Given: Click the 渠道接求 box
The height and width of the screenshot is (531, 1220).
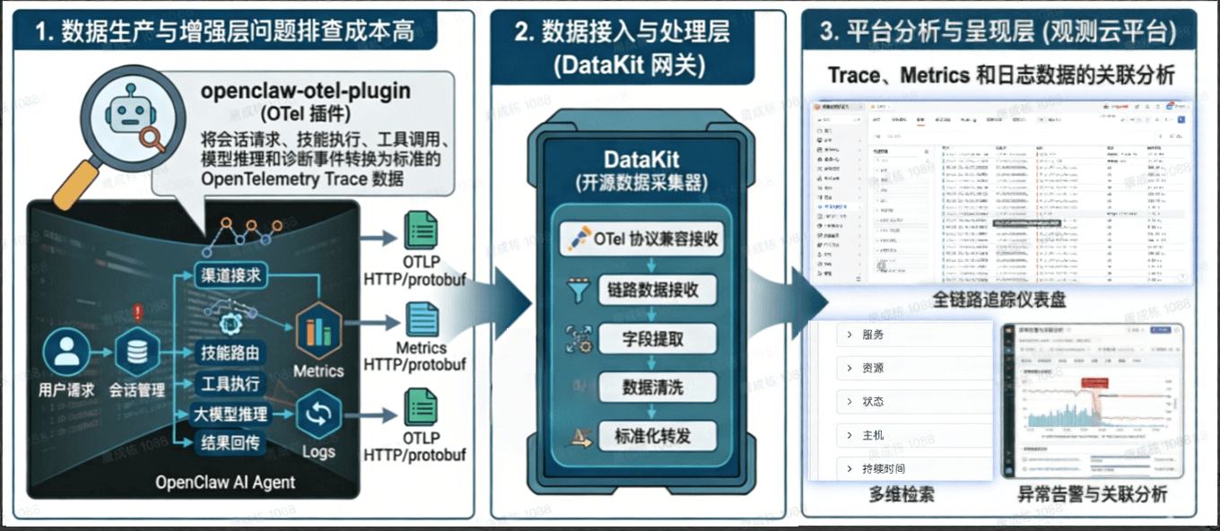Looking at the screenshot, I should (x=230, y=275).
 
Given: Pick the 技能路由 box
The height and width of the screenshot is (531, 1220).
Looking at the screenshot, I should (x=230, y=352).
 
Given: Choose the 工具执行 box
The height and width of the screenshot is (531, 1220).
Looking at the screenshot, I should (x=230, y=384).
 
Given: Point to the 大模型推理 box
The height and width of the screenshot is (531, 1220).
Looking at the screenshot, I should (x=231, y=413).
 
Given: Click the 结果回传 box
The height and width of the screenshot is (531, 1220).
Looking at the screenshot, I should (x=230, y=442).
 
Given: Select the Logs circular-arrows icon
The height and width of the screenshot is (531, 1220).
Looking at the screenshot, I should (x=318, y=414).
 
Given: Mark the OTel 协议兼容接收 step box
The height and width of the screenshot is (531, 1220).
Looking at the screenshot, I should (x=643, y=239).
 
